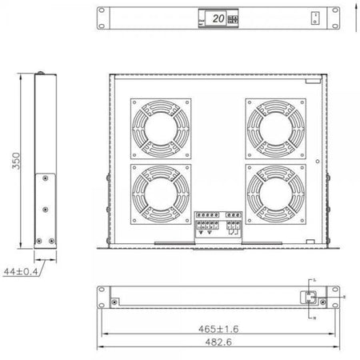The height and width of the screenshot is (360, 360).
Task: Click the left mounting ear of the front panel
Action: pyautogui.click(x=102, y=18)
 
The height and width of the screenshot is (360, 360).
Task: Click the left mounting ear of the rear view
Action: pyautogui.click(x=102, y=297)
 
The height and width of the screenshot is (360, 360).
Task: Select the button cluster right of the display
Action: pyautogui.click(x=233, y=18)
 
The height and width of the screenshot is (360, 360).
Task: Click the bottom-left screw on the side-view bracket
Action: pyautogui.click(x=38, y=240)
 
